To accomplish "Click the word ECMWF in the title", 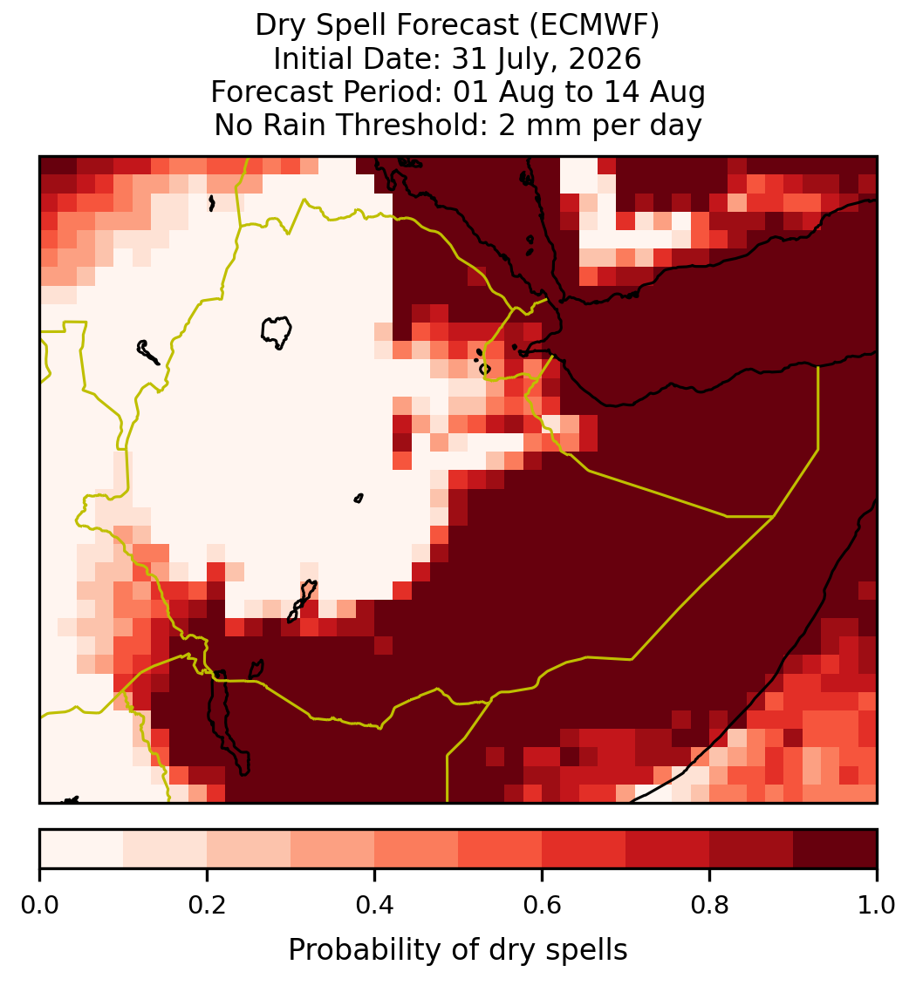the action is (x=598, y=25).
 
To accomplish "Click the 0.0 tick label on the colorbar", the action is (x=39, y=905).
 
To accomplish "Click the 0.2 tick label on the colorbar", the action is (x=207, y=905).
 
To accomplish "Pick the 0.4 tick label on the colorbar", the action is (x=375, y=905).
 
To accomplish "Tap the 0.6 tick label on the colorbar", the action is (x=542, y=905).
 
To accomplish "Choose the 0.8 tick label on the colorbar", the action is (x=709, y=905).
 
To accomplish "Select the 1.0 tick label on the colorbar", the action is (x=877, y=905).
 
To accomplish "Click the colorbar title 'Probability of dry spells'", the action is (x=458, y=950).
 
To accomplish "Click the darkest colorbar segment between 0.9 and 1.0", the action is (x=836, y=849).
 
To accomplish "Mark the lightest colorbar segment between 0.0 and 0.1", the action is (x=82, y=849).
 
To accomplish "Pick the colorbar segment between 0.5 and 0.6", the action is (x=501, y=849).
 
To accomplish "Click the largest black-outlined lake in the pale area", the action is (x=276, y=332).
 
